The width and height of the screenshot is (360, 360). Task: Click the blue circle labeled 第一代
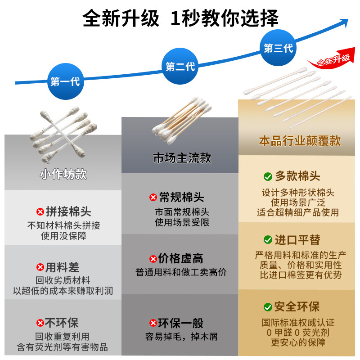(65, 81)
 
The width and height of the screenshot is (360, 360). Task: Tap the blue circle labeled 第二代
(180, 67)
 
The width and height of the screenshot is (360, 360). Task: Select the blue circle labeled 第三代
(278, 48)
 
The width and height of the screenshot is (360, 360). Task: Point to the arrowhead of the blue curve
(345, 21)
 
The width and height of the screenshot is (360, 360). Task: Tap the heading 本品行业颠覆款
(300, 140)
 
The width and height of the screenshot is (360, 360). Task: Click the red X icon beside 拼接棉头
(40, 211)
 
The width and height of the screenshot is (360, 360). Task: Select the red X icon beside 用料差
(40, 267)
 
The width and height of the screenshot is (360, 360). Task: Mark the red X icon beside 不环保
(40, 323)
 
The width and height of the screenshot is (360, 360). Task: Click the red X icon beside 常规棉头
(153, 197)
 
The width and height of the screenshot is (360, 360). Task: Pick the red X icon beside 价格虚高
(153, 258)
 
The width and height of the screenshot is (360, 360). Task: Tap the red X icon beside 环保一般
(153, 323)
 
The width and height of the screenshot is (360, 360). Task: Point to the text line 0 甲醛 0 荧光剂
(298, 333)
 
